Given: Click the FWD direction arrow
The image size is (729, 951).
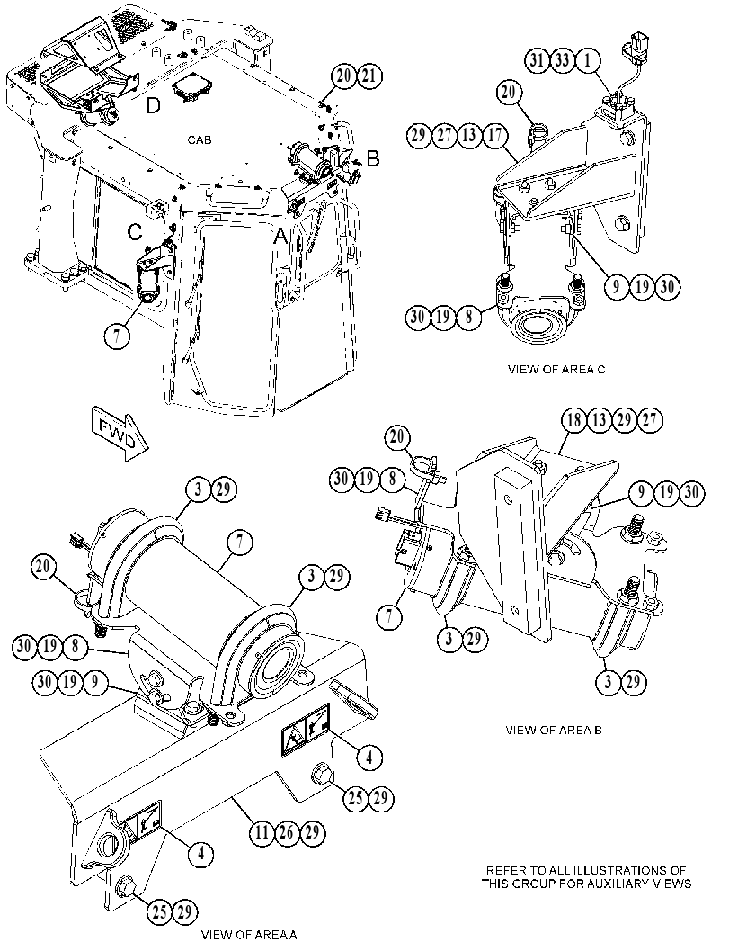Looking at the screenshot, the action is (x=120, y=433).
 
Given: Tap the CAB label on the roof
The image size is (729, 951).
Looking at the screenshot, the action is (x=200, y=140).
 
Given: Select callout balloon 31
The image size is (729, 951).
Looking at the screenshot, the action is (x=537, y=60).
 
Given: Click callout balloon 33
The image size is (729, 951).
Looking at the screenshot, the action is (x=562, y=60).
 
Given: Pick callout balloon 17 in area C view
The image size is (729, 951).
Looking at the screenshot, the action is (x=495, y=135).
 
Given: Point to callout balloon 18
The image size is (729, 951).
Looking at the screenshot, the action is (x=573, y=420).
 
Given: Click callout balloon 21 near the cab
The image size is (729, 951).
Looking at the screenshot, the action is (x=369, y=76).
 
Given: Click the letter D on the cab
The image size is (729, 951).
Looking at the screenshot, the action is (x=154, y=105).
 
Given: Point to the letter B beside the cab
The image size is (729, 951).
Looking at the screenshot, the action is (x=373, y=159).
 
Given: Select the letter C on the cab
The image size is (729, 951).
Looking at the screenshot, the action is (x=135, y=231).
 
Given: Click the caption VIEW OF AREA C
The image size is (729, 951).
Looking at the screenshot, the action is (x=556, y=369).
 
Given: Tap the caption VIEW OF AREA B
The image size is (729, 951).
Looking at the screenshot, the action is (x=554, y=730).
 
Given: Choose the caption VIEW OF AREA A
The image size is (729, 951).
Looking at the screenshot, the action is (x=249, y=934).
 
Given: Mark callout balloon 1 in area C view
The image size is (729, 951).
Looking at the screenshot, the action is (x=587, y=60).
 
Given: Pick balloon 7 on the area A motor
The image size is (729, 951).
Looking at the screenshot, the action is (x=240, y=543).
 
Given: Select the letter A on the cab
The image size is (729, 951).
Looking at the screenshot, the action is (x=280, y=236).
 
